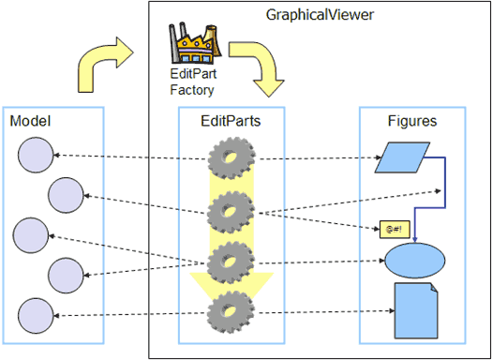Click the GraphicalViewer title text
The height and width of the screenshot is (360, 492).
320,15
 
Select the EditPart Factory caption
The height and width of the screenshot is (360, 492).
193,82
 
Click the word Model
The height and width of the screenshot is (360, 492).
30,121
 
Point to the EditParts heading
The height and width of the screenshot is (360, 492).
231,121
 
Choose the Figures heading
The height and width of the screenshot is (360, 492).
412,121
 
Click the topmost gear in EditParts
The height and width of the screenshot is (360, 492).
231,158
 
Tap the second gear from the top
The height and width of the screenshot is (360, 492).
231,212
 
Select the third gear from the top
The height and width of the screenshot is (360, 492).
231,262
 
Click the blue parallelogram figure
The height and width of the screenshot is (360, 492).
402,157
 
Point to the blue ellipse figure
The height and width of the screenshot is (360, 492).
415,261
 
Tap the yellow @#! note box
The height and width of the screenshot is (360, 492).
395,229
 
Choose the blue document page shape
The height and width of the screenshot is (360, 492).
416,310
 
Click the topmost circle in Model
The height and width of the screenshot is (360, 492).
36,155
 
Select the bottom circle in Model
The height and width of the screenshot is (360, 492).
36,315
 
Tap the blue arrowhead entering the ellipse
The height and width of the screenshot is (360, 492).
415,240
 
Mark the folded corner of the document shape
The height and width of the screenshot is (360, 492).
434,287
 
